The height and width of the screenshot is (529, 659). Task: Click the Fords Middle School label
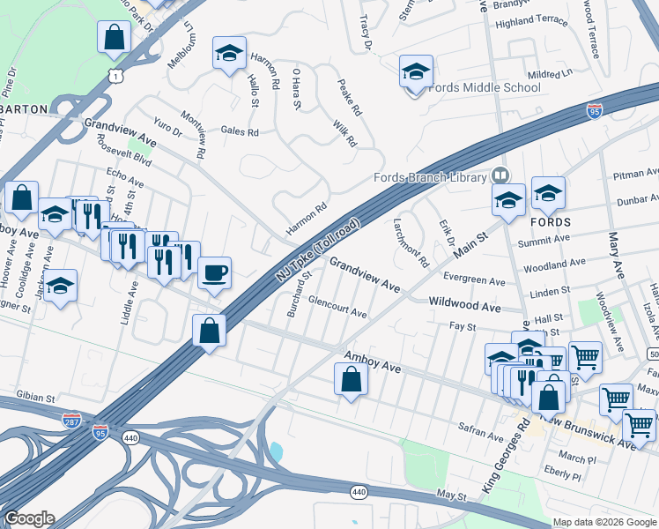pos(483,88)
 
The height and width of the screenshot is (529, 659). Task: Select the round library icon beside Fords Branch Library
pos(501,175)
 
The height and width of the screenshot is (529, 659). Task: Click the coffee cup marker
pos(214,272)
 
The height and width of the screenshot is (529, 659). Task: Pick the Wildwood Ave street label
pos(464,305)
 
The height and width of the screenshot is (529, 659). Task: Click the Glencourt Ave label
pos(337,312)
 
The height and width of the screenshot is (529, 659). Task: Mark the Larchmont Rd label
pos(411,243)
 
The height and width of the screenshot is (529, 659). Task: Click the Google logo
pos(29,518)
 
